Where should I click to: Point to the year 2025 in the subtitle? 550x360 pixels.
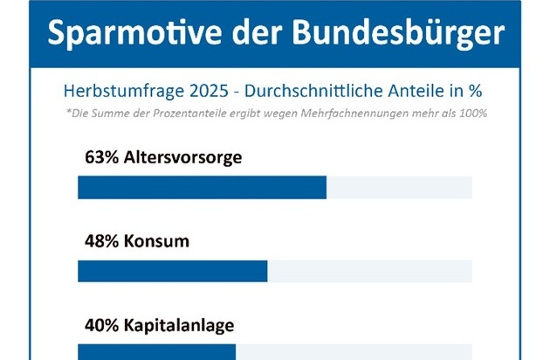coord(196,91)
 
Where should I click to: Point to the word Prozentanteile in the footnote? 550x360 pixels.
coord(175,114)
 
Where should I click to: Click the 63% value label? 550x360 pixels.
coord(99,159)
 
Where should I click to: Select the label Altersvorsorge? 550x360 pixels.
coord(181,159)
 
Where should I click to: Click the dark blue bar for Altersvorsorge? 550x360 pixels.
coord(202,188)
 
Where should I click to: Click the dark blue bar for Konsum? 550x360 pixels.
coord(172,272)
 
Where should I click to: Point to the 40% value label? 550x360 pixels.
coord(99,326)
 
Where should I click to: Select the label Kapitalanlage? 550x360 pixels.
coord(177,326)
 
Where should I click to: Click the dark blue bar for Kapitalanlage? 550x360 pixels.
coord(156,352)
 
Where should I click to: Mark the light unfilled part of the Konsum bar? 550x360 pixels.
coord(369,272)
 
